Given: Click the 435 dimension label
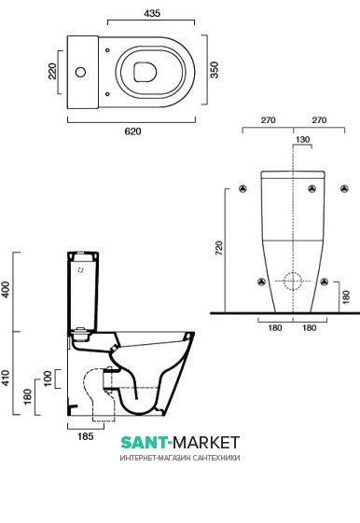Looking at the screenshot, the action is click(152, 13).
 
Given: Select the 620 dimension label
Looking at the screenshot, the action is click(132, 131).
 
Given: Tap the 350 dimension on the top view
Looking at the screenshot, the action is click(215, 70).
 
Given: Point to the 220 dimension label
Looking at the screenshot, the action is click(52, 72).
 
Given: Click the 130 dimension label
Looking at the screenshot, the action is click(302, 140).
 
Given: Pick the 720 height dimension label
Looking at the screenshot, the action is click(219, 248).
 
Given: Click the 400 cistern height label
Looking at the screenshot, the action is click(6, 290).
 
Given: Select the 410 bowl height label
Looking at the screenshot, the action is click(6, 378).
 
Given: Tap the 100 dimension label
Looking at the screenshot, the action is click(48, 378).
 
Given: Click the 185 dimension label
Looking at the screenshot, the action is click(86, 436).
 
